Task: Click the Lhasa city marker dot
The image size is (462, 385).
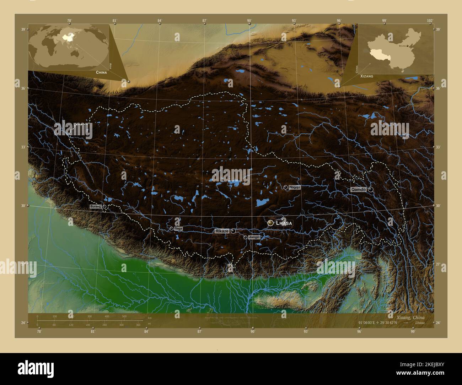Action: (271, 223)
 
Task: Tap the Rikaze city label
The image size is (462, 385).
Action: (221, 231)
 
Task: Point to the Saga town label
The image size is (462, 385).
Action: (178, 229)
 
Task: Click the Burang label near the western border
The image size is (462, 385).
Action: (96, 206)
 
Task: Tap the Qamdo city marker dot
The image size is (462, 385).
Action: (371, 190)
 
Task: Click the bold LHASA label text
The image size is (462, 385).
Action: (284, 223)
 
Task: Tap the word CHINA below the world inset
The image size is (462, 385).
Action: (101, 72)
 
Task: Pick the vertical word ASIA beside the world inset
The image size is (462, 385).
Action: (111, 66)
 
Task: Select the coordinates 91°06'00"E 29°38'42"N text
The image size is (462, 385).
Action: (378, 323)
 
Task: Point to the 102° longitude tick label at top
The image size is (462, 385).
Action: (430, 21)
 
